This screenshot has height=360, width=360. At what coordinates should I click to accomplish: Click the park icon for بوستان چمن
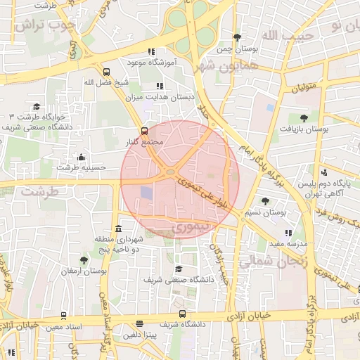[237, 37]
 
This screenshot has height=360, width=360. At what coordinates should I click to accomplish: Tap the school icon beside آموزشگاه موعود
[151, 51]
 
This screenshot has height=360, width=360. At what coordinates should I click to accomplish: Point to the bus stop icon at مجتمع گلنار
[144, 130]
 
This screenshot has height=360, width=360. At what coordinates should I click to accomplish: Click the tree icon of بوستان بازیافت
[304, 118]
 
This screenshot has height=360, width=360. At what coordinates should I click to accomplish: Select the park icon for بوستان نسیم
[265, 201]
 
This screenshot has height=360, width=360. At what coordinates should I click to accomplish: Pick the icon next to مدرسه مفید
[288, 233]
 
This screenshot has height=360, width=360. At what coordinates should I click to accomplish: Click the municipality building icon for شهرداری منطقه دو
[117, 230]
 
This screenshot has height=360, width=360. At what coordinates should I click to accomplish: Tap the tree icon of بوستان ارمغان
[84, 260]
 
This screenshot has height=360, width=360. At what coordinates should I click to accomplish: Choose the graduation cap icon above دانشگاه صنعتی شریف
[179, 269]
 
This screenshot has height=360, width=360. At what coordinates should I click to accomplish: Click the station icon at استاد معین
[64, 316]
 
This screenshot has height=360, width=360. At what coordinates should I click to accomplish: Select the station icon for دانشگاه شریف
[183, 314]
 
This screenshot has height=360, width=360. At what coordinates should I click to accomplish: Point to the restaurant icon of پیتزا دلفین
[140, 324]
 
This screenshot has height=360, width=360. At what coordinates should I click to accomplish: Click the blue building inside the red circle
[146, 192]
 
